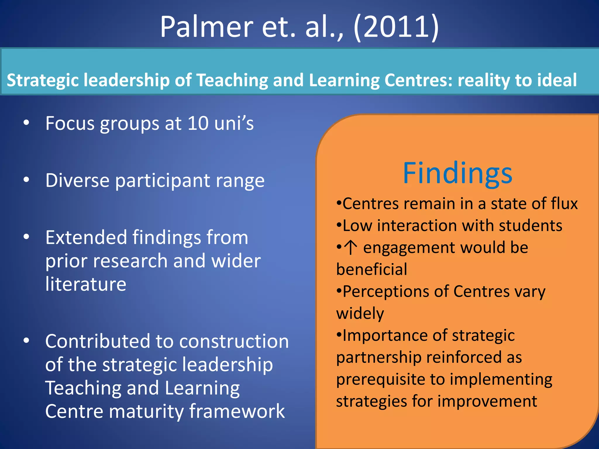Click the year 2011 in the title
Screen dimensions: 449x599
point(396,27)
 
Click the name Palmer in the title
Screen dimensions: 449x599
point(206,27)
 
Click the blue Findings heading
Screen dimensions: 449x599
point(457,174)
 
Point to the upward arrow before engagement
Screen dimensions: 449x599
point(350,247)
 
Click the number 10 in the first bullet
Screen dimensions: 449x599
point(198,123)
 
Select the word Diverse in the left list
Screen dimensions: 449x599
point(77,180)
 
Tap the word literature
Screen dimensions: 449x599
point(86,284)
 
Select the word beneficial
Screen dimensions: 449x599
point(371,269)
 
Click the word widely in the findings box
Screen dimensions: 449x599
point(360,314)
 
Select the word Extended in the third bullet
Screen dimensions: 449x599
point(86,237)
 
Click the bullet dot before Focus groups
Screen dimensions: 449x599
point(26,123)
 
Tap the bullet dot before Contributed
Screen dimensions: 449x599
point(26,341)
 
